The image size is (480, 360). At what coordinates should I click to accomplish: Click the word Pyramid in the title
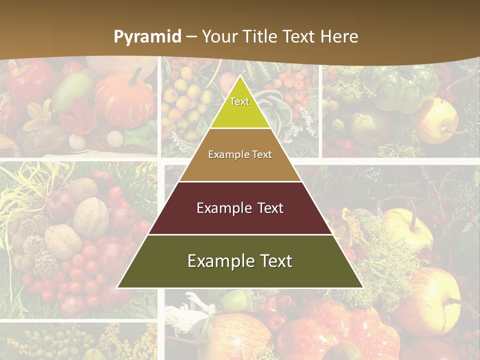point(147,37)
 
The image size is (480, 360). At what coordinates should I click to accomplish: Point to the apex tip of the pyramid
point(240,76)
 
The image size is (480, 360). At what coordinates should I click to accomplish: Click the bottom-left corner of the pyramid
point(118,287)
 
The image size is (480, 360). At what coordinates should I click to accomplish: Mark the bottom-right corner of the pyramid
point(362,287)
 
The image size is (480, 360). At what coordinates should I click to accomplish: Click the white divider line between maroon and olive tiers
point(240,234)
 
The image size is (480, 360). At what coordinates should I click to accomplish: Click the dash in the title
point(191,37)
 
